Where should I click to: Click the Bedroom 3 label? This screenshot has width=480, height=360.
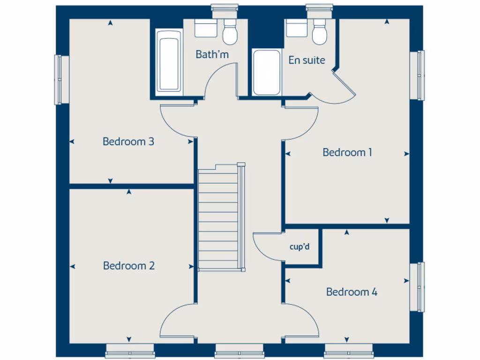pyautogui.click(x=128, y=141)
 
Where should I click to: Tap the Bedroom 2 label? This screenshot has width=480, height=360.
pyautogui.click(x=129, y=266)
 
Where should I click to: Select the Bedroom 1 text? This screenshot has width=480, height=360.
pyautogui.click(x=347, y=152)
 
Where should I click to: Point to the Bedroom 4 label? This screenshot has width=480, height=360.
pyautogui.click(x=352, y=292)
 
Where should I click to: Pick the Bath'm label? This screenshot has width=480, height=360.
pyautogui.click(x=212, y=54)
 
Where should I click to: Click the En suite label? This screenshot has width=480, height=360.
pyautogui.click(x=307, y=60)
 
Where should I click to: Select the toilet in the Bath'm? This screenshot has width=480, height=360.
pyautogui.click(x=230, y=32)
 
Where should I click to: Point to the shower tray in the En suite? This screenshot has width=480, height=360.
pyautogui.click(x=267, y=72)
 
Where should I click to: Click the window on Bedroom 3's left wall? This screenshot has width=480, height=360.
pyautogui.click(x=60, y=80)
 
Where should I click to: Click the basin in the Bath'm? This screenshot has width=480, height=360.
pyautogui.click(x=205, y=29)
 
